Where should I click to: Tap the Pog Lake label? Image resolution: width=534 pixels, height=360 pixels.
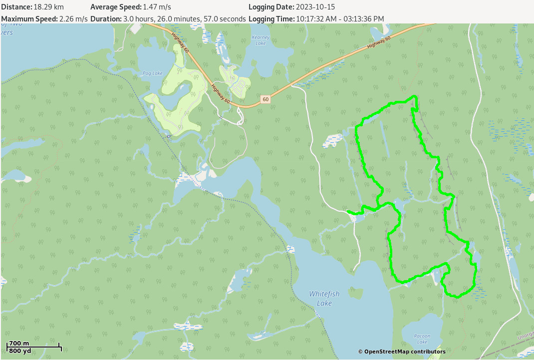coord(152,73)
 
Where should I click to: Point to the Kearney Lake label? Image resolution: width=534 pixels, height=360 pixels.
coord(261,40)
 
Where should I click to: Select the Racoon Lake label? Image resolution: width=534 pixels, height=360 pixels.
coord(422,339)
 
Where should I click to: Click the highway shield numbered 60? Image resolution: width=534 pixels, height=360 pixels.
coord(266,99)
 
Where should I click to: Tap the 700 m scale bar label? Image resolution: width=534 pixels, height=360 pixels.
coord(19,343)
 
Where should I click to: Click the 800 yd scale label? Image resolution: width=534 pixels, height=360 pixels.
coord(20,351)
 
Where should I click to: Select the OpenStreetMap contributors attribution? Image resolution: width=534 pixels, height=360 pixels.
coord(401,352)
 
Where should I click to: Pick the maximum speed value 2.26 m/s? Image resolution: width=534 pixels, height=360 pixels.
coord(73,19)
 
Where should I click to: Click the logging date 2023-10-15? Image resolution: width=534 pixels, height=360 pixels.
coord(315,7)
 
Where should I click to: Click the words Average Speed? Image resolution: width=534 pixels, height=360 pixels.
coord(115,7)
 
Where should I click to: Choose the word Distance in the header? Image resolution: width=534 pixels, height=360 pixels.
coord(16,7)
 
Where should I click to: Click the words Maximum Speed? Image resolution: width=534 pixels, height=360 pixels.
coord(29,19)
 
